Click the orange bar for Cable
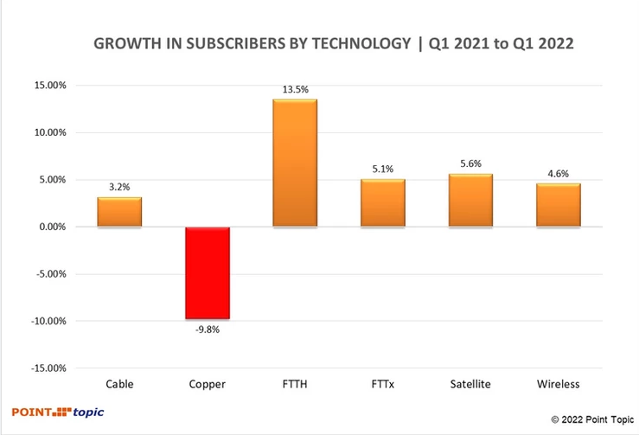click(x=119, y=213)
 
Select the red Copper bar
click(x=207, y=272)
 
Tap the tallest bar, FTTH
click(x=295, y=163)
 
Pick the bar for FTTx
click(x=382, y=203)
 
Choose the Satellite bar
click(x=470, y=201)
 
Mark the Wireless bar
click(x=558, y=205)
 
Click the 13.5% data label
click(x=295, y=90)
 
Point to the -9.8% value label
click(x=207, y=328)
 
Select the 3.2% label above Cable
click(x=119, y=186)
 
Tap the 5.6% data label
click(x=470, y=163)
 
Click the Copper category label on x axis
click(x=207, y=384)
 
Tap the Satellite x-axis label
click(x=470, y=384)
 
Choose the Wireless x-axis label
click(x=558, y=384)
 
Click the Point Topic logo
click(x=57, y=413)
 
